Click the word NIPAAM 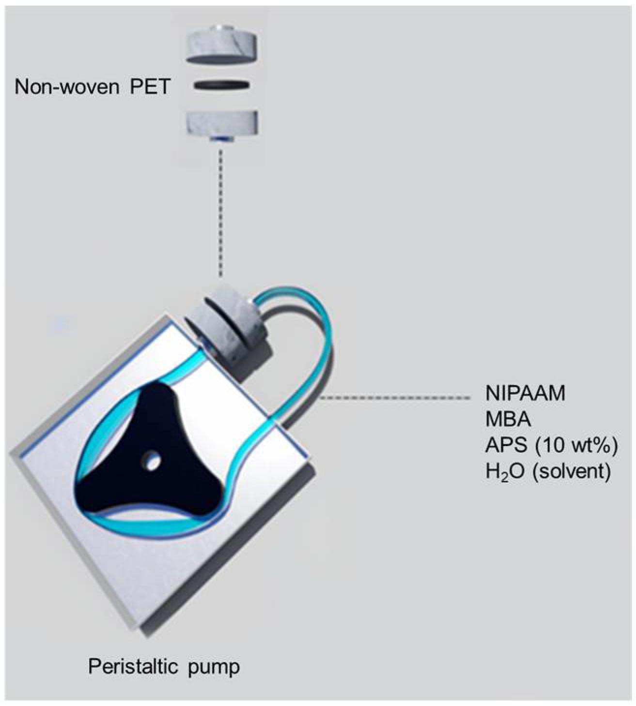pyautogui.click(x=525, y=393)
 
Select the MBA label pyautogui.click(x=508, y=419)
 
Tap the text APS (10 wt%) pyautogui.click(x=551, y=445)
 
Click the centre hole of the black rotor pyautogui.click(x=154, y=461)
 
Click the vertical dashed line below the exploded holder pyautogui.click(x=221, y=213)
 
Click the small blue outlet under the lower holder pyautogui.click(x=221, y=140)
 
